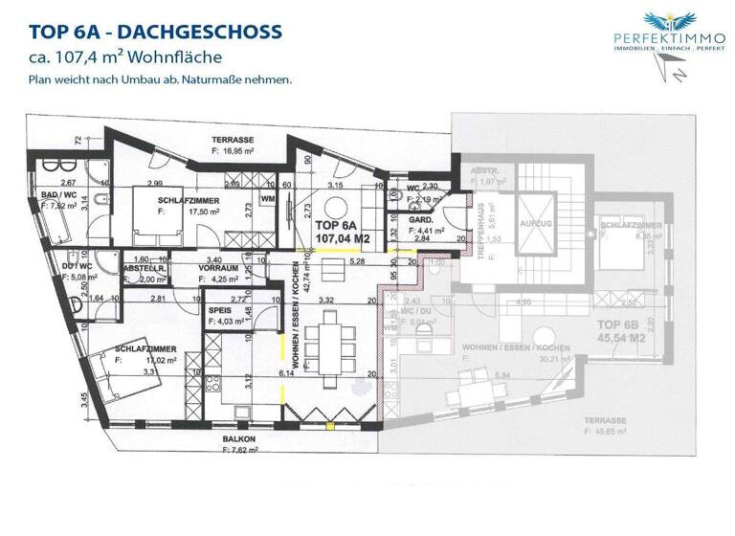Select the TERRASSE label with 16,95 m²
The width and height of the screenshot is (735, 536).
tap(234, 138)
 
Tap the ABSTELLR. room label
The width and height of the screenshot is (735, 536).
tap(145, 269)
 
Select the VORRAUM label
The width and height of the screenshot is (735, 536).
tap(219, 269)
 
